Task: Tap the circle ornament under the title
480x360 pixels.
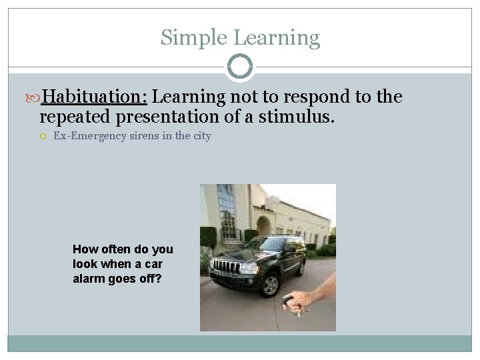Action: click(x=240, y=67)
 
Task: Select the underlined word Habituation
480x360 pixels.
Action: click(x=94, y=97)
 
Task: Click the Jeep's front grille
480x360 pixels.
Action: click(x=225, y=267)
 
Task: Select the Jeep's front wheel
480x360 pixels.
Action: click(x=270, y=285)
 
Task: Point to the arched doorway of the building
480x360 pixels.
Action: click(x=264, y=226)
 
